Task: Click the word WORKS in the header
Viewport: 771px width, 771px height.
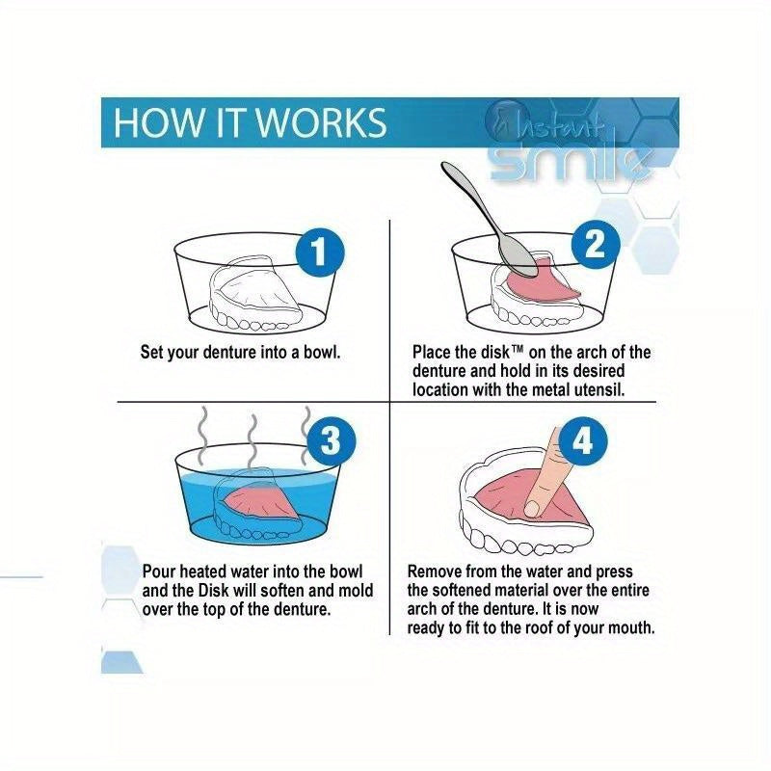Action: tap(322, 122)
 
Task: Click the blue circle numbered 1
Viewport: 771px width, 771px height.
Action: tap(320, 253)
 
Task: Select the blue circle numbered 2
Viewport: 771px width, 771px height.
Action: tap(596, 245)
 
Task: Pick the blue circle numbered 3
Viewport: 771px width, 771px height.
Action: tap(331, 439)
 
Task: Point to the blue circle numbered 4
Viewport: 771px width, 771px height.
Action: tap(583, 441)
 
